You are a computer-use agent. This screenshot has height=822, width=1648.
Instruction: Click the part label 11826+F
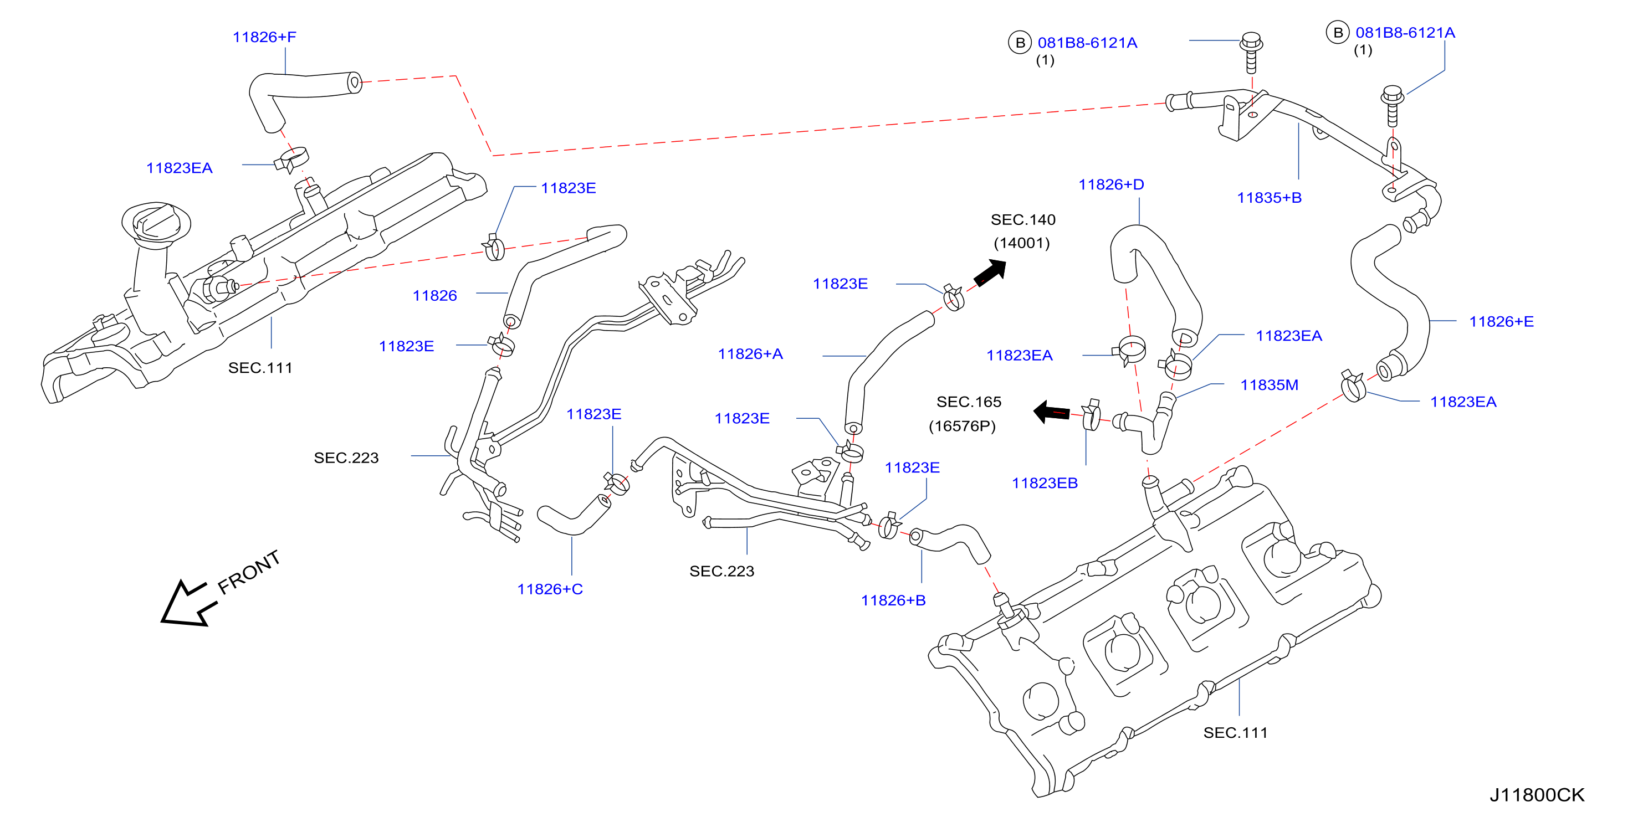coord(264,37)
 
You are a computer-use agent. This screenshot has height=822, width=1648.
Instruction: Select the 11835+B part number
coord(1270,198)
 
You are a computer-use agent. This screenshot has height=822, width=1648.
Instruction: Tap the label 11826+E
coord(1502,322)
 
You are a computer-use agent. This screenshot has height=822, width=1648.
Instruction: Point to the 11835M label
coord(1270,385)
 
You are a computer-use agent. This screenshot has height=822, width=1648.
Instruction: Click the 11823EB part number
coord(1045,483)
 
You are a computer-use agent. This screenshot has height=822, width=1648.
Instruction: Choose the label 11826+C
coord(550,589)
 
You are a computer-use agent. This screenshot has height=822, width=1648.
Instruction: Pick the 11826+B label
coord(894,600)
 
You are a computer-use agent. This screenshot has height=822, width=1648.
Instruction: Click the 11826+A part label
coord(750,354)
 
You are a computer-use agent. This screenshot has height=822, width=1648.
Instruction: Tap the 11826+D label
coord(1111,185)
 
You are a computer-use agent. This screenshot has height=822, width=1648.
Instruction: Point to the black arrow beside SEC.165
coord(1051,412)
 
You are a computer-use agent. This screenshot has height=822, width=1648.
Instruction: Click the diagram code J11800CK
coord(1537,794)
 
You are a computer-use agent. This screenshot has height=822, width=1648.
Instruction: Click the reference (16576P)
coord(962,426)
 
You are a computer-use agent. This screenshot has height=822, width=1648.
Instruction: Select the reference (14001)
coord(1022,243)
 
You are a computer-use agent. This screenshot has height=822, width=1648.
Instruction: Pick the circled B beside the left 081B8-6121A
coord(1020,43)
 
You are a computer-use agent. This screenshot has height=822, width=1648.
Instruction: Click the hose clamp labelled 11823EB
coord(1092,415)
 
